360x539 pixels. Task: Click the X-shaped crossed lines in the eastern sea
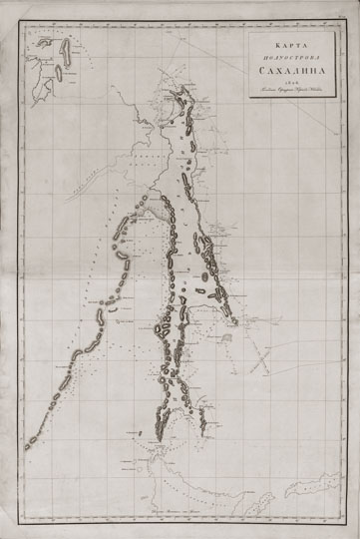pyautogui.click(x=262, y=354)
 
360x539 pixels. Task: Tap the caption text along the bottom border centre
pyautogui.click(x=180, y=509)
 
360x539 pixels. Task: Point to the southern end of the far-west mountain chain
pyautogui.click(x=28, y=446)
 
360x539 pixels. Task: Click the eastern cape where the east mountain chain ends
pyautogui.click(x=231, y=321)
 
